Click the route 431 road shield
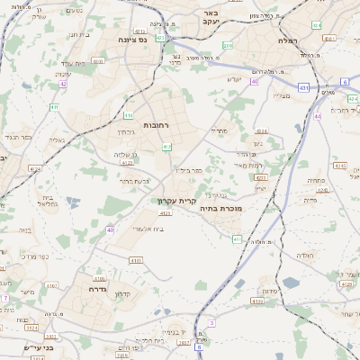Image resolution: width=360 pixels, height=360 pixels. coord(305,88)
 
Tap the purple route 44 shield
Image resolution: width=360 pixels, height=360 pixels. coord(317,116)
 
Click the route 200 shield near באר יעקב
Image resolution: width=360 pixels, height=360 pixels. coord(228,43)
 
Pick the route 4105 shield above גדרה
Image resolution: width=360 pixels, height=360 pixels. coord(137,260)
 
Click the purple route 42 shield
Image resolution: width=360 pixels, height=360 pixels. coord(64,84)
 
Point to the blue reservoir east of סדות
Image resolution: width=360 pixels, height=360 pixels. coord(290,283)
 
